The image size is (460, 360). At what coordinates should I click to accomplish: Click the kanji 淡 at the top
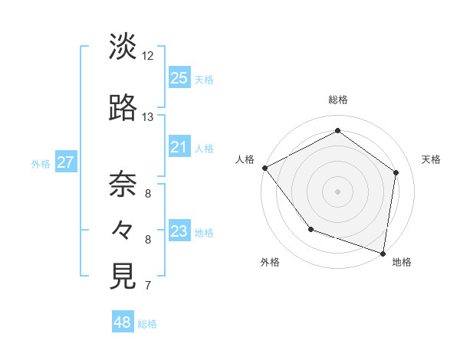coord(123,47)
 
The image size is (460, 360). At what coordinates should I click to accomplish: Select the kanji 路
coord(123,109)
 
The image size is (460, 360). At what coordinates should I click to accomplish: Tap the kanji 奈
coord(123,184)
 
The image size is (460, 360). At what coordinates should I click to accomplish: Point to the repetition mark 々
coord(123,230)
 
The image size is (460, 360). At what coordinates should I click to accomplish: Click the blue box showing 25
coord(179,78)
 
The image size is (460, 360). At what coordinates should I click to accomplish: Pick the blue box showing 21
coord(179,147)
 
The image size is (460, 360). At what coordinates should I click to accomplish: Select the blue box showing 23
coord(179,231)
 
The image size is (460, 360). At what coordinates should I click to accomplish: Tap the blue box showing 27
coord(65,162)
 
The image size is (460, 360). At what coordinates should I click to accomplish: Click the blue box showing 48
coord(123,322)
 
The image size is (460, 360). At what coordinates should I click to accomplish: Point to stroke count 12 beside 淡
coord(148,56)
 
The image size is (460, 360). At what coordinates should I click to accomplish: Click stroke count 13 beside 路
coord(148,117)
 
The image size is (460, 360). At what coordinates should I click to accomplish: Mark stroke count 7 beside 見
coord(148,286)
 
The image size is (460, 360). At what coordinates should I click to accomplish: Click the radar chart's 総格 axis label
coord(337,100)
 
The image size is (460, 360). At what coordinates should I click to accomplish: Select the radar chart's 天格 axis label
coord(431,159)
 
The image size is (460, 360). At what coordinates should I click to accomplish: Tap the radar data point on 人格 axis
coord(264,167)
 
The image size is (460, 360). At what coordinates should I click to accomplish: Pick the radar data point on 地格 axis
coord(383,253)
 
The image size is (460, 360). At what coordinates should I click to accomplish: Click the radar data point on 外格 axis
coord(310,229)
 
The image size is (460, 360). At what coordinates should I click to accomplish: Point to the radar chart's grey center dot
coord(337,191)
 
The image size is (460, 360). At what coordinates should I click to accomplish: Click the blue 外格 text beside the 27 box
coord(41,163)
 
